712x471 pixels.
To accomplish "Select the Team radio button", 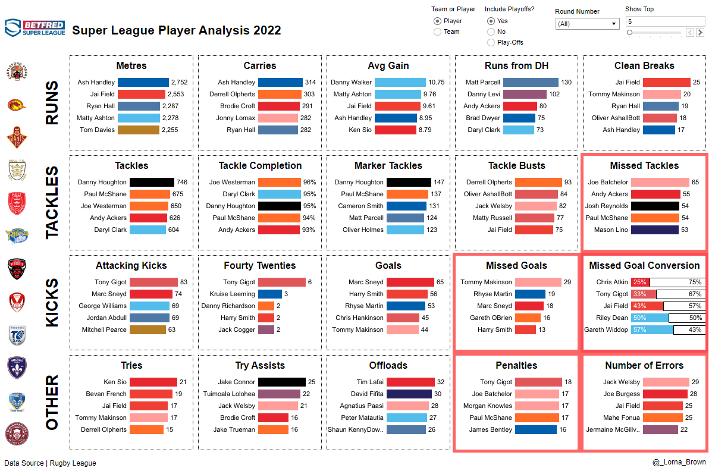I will pos(438,32).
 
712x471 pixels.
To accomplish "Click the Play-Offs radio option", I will pos(491,42).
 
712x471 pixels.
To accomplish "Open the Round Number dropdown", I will pos(588,24).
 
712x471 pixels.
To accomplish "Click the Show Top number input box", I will pos(664,21).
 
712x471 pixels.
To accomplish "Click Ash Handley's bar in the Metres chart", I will pos(143,82).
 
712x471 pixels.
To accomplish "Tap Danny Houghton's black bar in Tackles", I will pos(152,182).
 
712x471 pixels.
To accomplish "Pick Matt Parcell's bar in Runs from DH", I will pos(531,82).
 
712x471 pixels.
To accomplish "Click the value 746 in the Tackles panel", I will pos(182,182).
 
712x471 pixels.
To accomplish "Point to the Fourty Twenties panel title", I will pos(260,265).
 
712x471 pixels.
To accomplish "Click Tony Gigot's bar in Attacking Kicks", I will pos(153,282).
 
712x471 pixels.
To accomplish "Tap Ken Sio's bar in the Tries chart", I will pos(153,382).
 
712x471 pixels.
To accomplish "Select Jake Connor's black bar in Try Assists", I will pos(281,382).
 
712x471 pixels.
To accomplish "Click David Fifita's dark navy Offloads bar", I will pos(409,394).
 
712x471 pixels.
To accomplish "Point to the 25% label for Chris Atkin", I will pos(640,282).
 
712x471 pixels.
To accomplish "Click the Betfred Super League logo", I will pos(34,28).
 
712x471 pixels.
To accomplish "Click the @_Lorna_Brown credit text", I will pos(679,462).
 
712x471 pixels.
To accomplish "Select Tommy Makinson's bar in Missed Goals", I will pos(538,282).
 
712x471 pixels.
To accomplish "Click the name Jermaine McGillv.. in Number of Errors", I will pos(613,429).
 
